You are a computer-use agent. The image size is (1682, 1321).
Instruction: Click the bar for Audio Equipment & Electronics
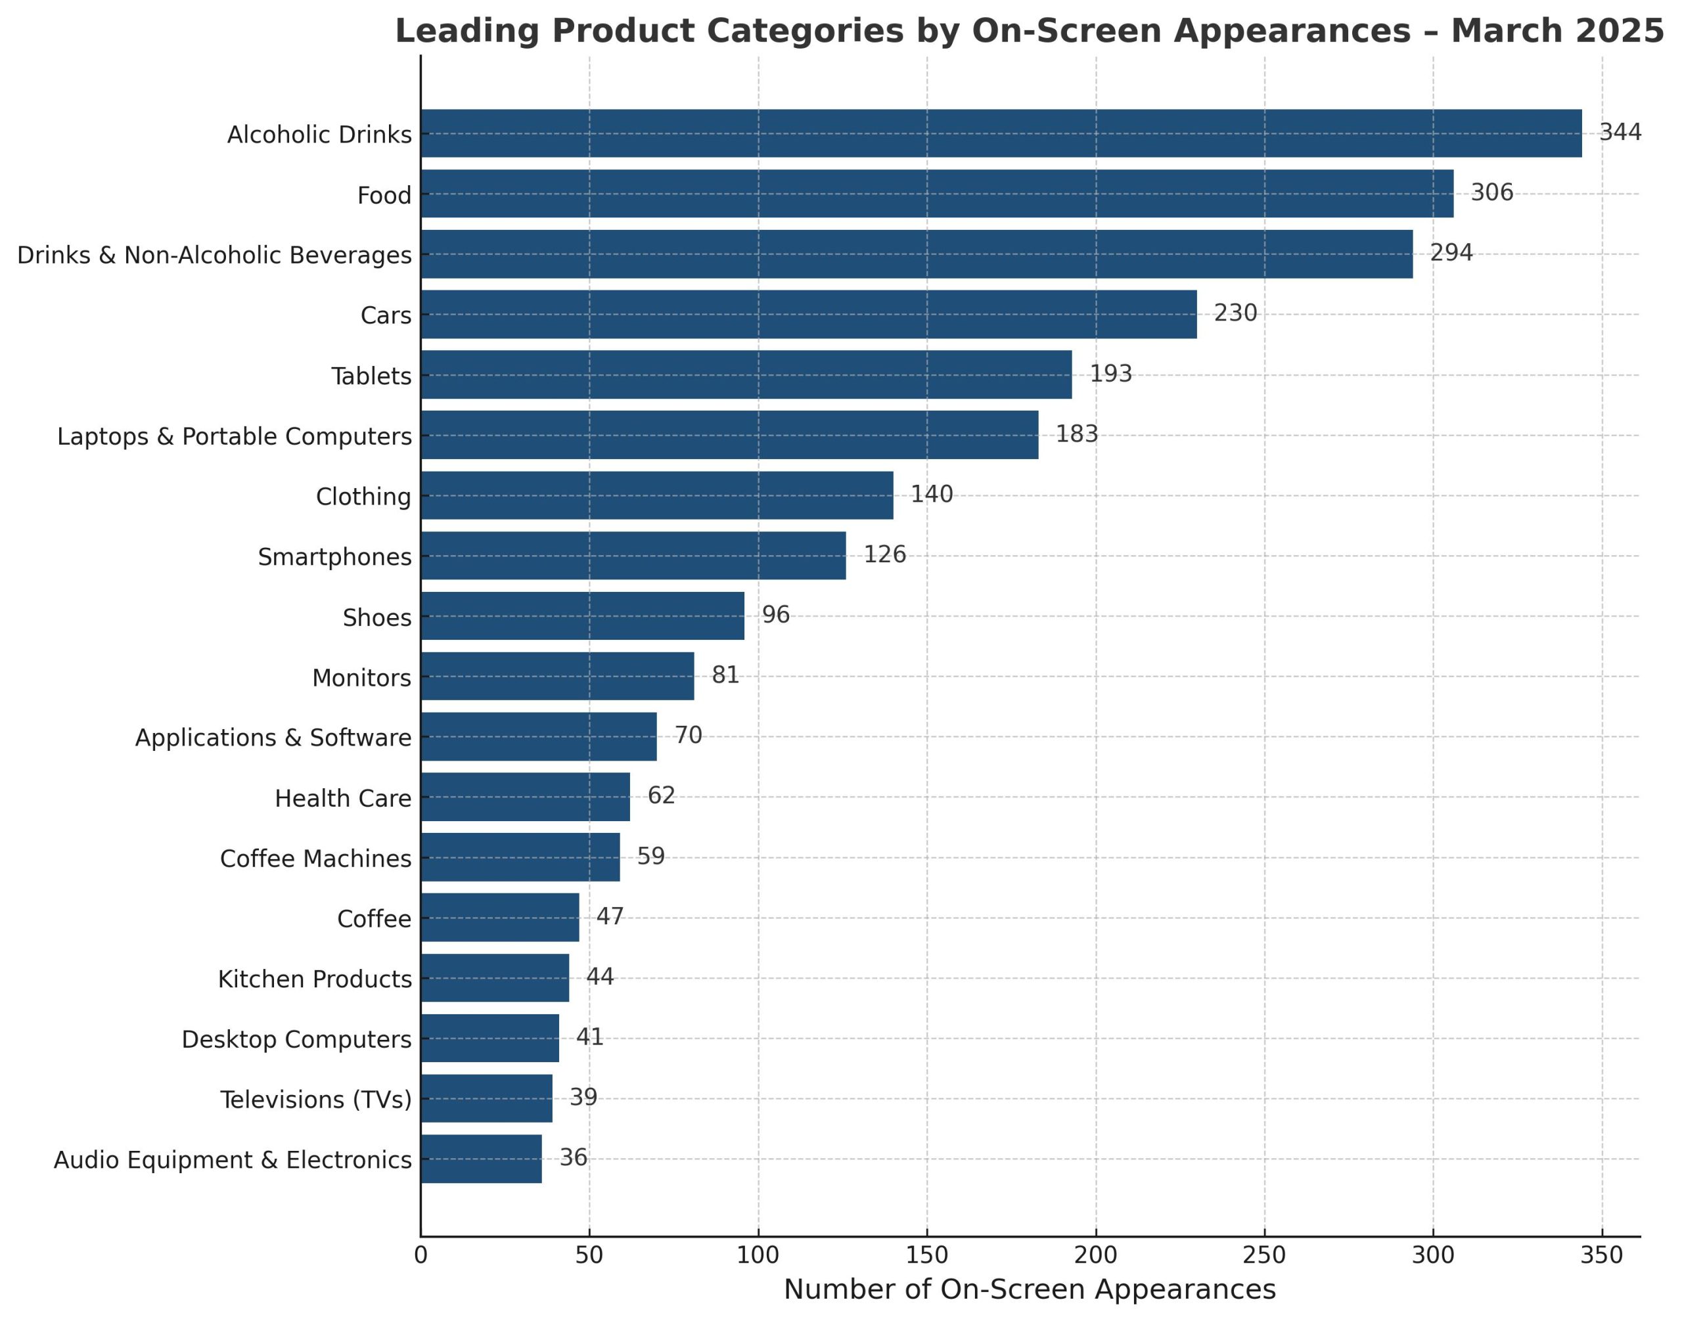click(480, 1159)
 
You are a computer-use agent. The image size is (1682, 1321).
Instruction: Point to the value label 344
click(1620, 132)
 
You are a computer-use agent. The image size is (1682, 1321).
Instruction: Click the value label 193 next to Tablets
click(1110, 374)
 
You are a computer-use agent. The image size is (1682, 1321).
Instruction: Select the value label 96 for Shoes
click(775, 615)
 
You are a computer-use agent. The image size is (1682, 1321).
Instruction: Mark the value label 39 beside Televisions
click(583, 1097)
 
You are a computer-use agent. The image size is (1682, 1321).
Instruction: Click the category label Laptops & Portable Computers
click(235, 436)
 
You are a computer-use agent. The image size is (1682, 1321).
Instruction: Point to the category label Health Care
click(343, 798)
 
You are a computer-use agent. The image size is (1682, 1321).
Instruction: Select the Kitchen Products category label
click(314, 979)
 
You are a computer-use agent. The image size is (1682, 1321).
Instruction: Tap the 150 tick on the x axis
click(926, 1255)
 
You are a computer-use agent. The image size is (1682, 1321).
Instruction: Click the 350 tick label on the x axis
click(1601, 1255)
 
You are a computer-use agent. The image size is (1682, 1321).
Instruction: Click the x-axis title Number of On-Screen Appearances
click(1029, 1289)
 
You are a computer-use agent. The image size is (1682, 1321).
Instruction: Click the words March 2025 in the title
click(1556, 31)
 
